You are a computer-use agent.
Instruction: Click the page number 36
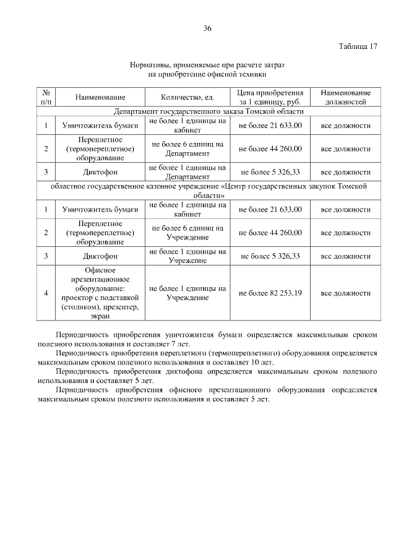tap(207, 28)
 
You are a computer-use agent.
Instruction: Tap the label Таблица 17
tap(359, 47)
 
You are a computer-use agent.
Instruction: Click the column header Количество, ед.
tap(187, 97)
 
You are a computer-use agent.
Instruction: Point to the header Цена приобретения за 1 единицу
tap(270, 97)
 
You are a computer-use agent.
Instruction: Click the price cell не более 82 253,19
tap(270, 293)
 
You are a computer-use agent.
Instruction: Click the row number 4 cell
tap(46, 293)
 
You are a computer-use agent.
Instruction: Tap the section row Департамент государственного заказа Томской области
tap(209, 111)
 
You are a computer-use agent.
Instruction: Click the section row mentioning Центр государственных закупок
tap(209, 190)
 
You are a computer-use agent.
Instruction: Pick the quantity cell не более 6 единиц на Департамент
tap(187, 149)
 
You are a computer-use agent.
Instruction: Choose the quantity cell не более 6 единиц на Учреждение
tap(187, 232)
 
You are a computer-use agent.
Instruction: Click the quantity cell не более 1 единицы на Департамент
tap(187, 171)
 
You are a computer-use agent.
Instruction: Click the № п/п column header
tap(46, 97)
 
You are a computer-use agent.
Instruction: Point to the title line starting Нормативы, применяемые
tap(207, 64)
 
